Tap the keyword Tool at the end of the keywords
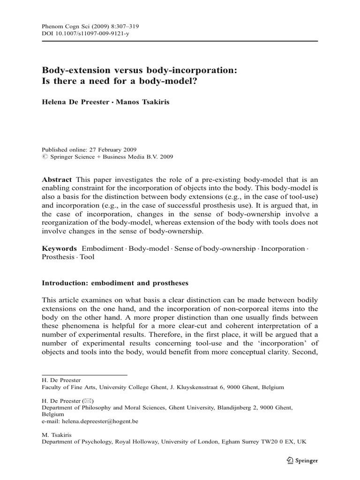[87, 257]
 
